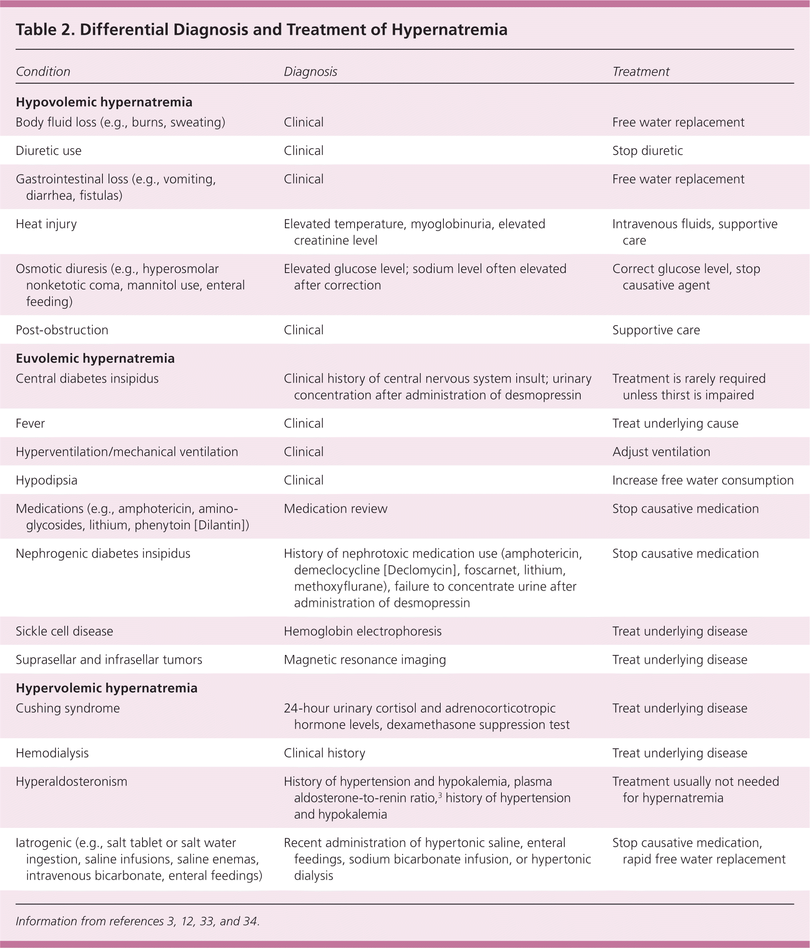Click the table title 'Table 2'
point(261,30)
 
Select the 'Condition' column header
point(43,72)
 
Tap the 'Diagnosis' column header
point(310,72)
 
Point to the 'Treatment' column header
point(640,72)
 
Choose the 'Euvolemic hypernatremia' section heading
point(95,358)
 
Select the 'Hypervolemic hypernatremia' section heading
point(106,688)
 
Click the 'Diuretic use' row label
point(48,151)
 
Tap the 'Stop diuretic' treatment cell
point(647,151)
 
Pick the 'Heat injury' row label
point(46,224)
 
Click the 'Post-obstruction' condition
point(62,330)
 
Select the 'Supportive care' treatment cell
point(656,330)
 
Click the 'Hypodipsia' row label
point(46,480)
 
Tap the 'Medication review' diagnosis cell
point(335,508)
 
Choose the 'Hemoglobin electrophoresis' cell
point(362,631)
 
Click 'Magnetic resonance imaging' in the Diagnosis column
point(365,659)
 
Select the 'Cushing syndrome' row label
point(68,708)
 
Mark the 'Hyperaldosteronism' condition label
point(71,781)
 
